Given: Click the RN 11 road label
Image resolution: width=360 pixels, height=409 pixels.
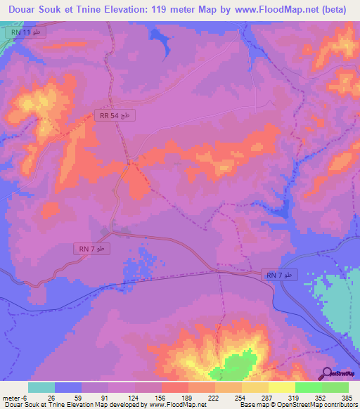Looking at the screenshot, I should click(x=27, y=34).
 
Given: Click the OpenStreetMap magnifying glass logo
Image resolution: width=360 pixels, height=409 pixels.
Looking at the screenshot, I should click(x=326, y=373).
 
